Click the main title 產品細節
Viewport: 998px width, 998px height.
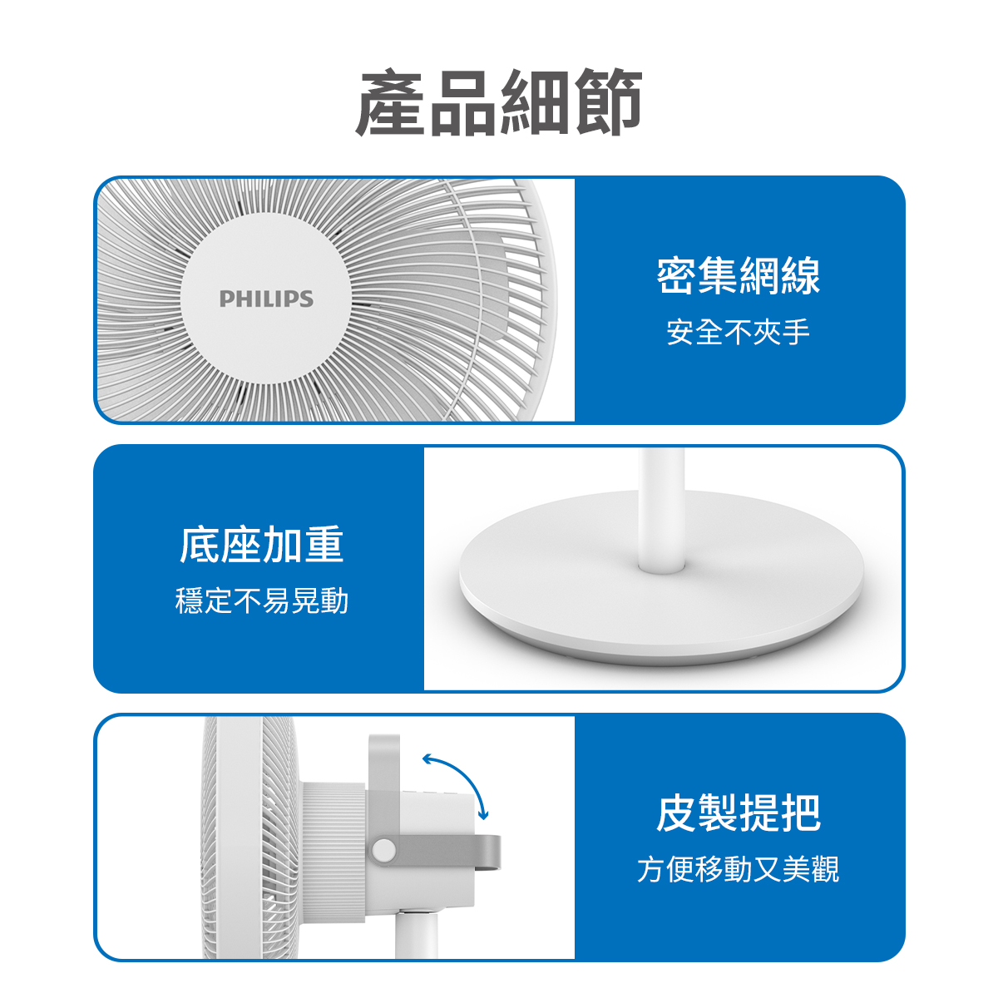click(499, 102)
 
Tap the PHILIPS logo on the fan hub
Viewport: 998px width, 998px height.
click(266, 299)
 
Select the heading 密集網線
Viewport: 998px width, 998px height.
click(738, 275)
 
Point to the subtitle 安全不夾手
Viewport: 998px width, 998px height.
click(738, 332)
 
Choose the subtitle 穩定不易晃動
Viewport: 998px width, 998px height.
click(261, 600)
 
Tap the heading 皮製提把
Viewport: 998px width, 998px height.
click(738, 813)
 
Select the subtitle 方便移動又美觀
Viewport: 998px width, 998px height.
click(738, 869)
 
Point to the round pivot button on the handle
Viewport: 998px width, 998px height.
click(383, 849)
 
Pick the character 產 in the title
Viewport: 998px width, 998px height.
click(391, 102)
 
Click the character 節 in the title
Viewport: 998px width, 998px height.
click(608, 102)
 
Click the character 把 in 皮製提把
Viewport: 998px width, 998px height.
click(801, 813)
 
